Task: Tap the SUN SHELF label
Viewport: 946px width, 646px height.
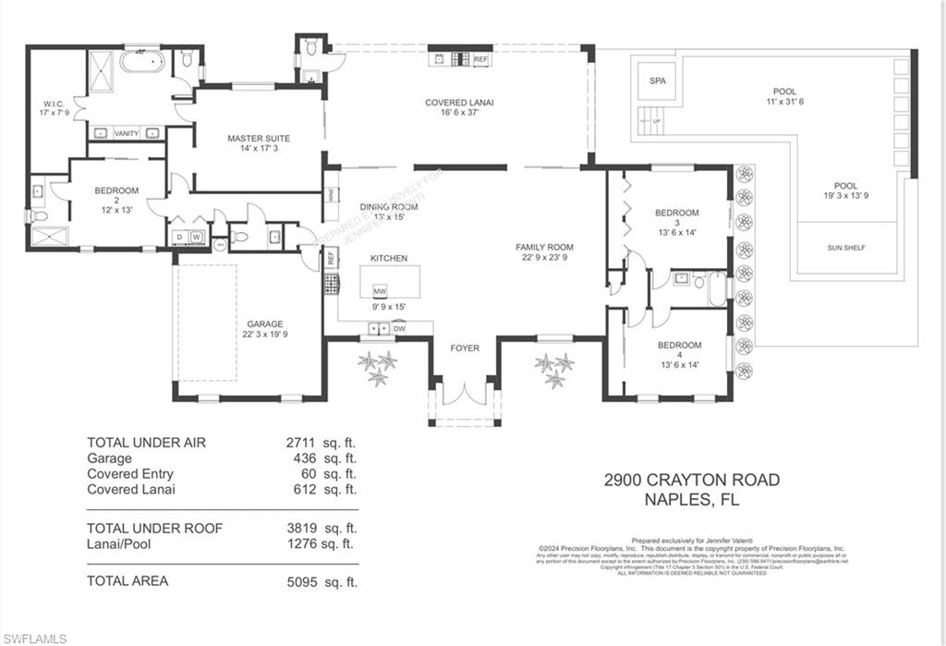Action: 847,248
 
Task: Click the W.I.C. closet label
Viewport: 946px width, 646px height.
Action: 51,103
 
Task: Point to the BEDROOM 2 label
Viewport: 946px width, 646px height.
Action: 116,190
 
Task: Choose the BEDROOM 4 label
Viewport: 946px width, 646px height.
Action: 679,345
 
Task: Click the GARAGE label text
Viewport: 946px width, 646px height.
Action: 264,324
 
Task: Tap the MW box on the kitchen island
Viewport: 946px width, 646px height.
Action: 380,290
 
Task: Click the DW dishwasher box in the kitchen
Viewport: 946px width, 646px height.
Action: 399,328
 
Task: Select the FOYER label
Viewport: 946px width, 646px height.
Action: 465,348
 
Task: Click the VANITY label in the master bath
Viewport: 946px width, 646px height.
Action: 127,133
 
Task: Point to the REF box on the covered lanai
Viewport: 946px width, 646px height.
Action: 480,59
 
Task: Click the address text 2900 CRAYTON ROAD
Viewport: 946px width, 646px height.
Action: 691,480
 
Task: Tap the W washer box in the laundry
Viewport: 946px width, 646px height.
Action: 196,237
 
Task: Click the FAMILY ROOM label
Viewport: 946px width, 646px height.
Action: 544,247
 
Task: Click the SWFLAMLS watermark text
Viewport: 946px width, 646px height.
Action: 35,638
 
